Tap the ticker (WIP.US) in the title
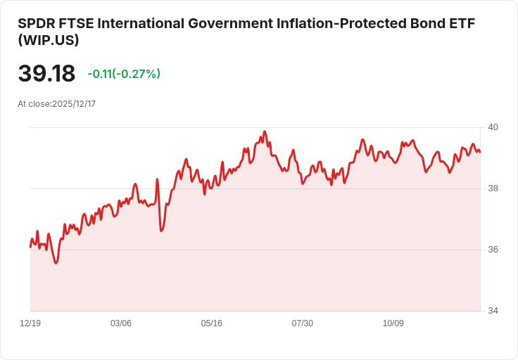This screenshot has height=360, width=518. (49, 41)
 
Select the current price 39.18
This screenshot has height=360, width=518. (46, 74)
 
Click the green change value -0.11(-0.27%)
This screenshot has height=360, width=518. (124, 74)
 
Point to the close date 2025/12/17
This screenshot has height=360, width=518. (74, 104)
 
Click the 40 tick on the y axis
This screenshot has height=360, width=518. (493, 127)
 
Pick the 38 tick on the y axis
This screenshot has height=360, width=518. (493, 188)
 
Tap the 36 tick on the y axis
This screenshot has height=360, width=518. (493, 250)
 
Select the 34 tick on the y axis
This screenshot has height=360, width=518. (493, 311)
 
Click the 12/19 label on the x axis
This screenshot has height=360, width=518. (30, 323)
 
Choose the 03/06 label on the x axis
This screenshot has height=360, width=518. (121, 323)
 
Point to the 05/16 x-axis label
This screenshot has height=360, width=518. (212, 323)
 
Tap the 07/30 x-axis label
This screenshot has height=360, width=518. (303, 323)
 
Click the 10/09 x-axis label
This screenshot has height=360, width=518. (393, 323)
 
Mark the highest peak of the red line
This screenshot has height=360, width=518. (265, 131)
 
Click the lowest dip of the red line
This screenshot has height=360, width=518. (56, 263)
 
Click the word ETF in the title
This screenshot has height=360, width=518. (462, 23)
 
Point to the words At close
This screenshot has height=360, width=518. (34, 104)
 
